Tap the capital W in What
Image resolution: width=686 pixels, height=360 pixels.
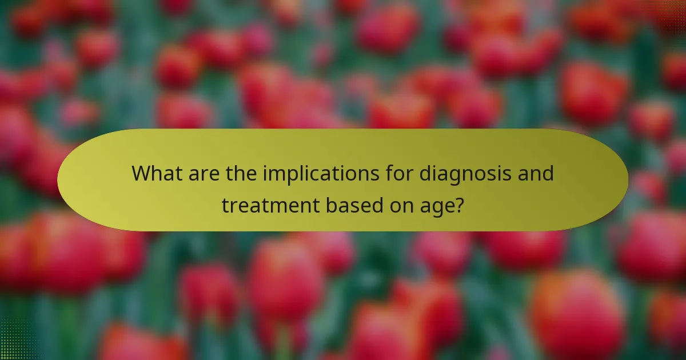pyautogui.click(x=141, y=173)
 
